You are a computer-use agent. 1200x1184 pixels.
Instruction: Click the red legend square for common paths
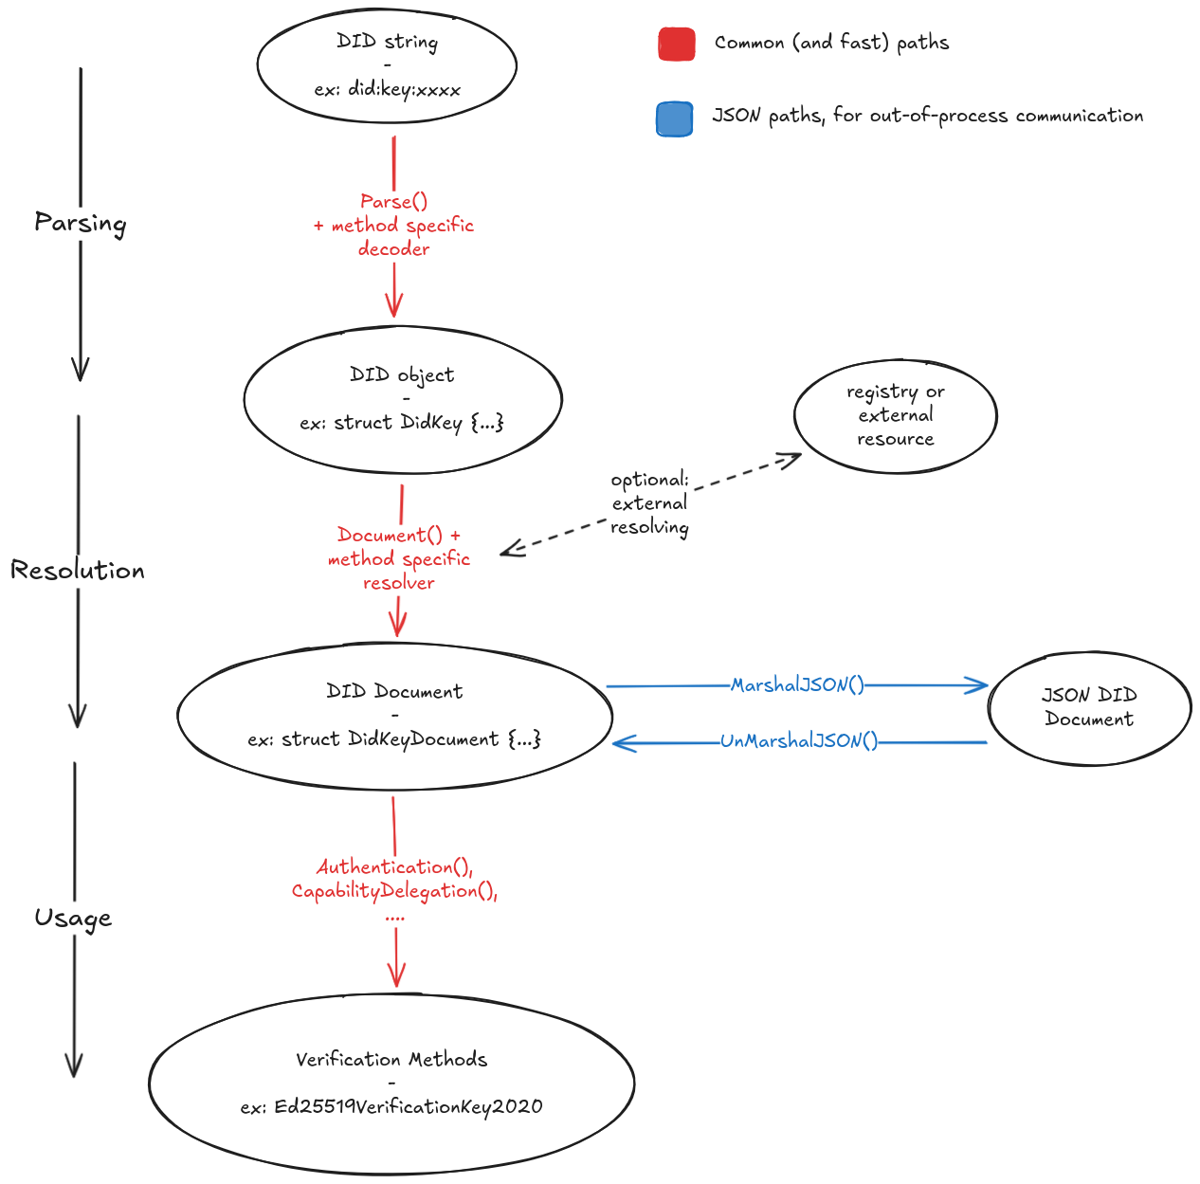tap(677, 45)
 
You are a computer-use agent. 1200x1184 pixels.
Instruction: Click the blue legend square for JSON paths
tap(674, 119)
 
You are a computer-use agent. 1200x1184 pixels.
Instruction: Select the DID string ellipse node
tap(387, 65)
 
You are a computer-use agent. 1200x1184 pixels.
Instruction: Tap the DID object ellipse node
tap(403, 399)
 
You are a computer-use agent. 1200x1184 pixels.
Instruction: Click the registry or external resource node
tap(895, 415)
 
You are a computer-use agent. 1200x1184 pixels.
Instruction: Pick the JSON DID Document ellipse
tap(1089, 707)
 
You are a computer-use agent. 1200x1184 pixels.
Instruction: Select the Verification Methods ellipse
tap(391, 1083)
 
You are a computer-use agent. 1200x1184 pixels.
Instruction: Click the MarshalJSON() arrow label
tap(797, 684)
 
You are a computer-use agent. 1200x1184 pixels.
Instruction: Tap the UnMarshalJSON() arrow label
tap(798, 741)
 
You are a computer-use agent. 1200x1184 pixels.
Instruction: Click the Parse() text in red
tap(393, 201)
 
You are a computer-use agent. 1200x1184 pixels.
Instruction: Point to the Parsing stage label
tap(81, 223)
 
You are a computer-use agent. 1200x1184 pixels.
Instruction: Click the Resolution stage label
tap(78, 571)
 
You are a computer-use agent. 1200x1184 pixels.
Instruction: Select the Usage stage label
tap(73, 918)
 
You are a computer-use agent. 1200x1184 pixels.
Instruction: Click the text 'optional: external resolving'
tap(649, 503)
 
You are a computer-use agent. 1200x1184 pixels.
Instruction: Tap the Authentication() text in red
tap(394, 866)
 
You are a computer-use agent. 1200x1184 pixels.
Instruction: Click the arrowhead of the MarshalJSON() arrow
tap(978, 685)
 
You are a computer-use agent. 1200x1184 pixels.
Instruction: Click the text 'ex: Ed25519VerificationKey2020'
tap(391, 1106)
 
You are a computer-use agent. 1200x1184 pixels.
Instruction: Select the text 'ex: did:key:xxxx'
tap(388, 90)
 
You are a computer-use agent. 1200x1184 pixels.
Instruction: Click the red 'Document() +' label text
tap(399, 535)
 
